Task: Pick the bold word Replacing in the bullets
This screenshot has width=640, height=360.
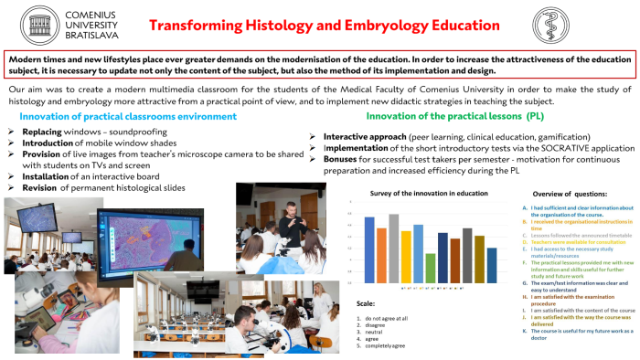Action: click(48, 132)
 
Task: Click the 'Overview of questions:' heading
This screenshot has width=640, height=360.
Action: click(574, 195)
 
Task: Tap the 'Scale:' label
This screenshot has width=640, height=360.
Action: click(365, 303)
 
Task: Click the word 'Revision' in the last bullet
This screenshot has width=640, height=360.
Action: click(48, 186)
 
